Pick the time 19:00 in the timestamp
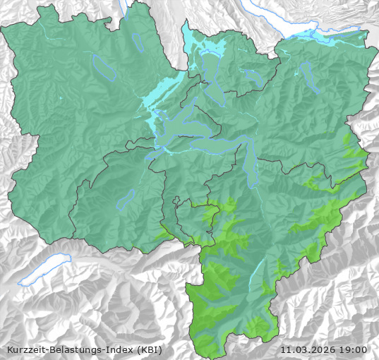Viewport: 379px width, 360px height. (x=353, y=349)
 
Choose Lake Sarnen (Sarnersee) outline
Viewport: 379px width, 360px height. (x=126, y=200)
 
